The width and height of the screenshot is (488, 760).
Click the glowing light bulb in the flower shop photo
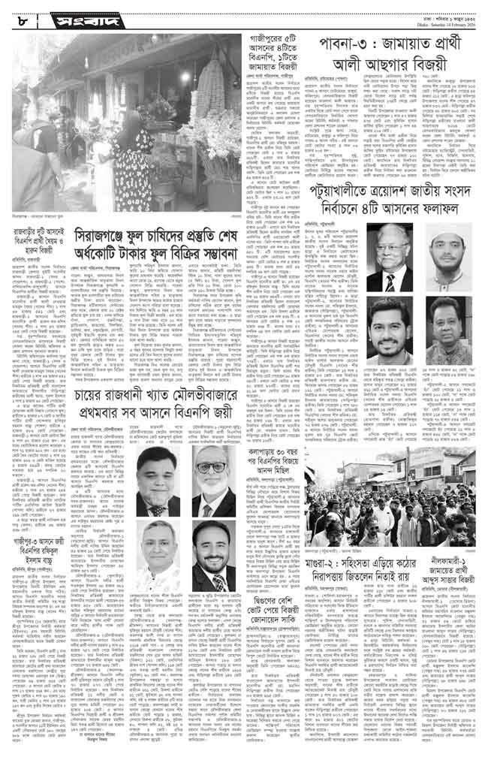pyautogui.click(x=185, y=77)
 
